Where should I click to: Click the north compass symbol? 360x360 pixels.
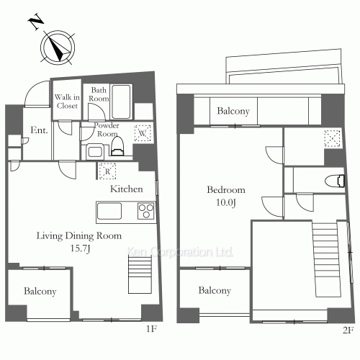[55, 45]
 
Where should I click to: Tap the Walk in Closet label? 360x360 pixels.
[67, 100]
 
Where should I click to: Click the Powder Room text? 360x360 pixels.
[97, 129]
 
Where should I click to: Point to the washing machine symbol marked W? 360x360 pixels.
[143, 133]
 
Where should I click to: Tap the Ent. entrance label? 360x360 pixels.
[38, 130]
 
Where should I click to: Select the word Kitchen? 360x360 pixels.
[125, 189]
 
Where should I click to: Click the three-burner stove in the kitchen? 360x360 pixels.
[145, 212]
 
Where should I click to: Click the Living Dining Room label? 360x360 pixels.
[79, 235]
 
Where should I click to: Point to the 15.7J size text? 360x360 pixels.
[79, 248]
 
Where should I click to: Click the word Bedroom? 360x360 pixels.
[226, 189]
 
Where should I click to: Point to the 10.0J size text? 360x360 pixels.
[226, 202]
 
